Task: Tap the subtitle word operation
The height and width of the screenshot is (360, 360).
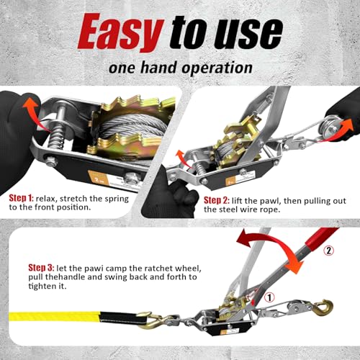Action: coord(214,68)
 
